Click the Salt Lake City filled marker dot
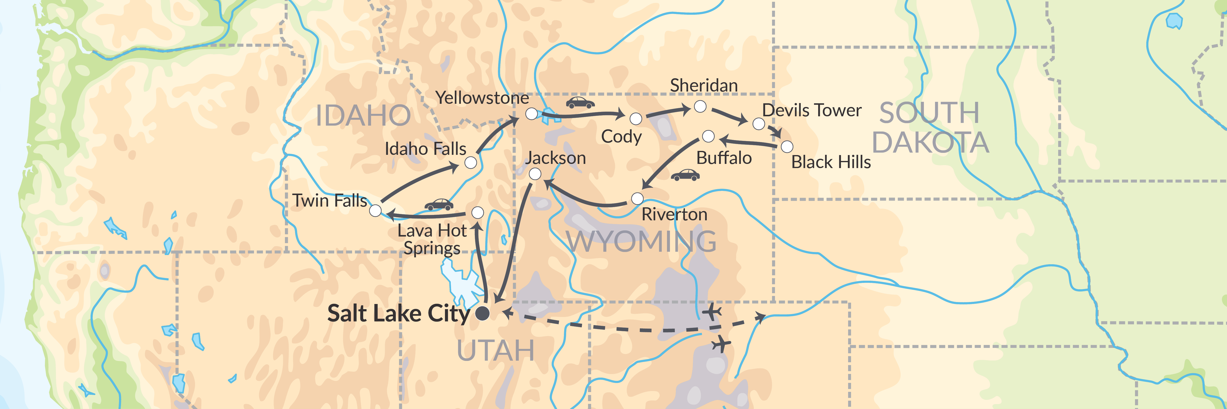tap(482, 313)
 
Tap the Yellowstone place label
tap(482, 98)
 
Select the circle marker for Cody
tap(636, 119)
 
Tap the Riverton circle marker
tap(637, 198)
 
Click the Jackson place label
tap(555, 158)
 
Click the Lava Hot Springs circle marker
tap(477, 212)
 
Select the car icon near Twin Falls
tap(439, 205)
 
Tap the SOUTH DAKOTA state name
tap(930, 128)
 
